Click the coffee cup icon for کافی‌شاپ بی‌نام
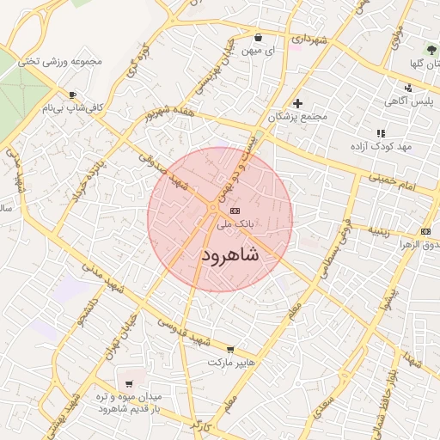coord(72,95)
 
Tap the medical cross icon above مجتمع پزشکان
coord(298,103)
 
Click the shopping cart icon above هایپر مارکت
coord(230,349)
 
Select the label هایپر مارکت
coord(230,363)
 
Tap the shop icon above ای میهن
coord(259,38)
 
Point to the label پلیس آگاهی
coord(406,101)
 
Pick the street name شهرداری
coord(309,40)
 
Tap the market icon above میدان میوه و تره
coord(129,383)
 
